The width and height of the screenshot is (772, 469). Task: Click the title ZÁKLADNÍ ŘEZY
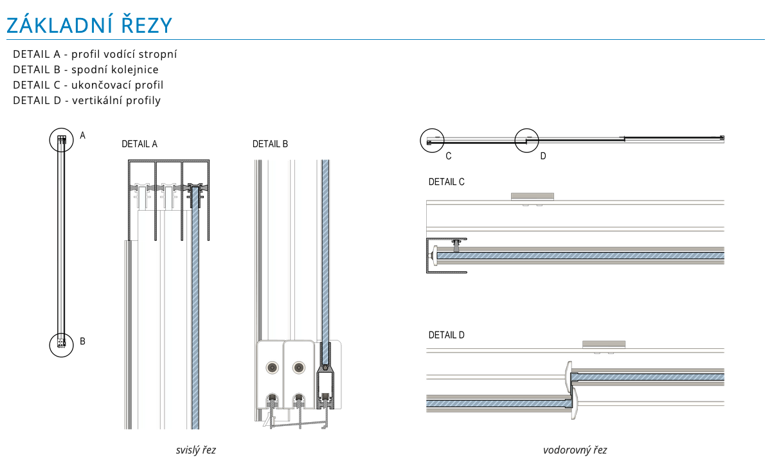[x=89, y=25]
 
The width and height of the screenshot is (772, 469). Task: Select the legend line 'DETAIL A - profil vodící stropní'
[x=94, y=54]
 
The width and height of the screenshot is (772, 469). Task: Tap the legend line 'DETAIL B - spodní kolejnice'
[x=85, y=69]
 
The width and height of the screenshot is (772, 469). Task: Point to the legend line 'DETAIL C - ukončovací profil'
[x=88, y=85]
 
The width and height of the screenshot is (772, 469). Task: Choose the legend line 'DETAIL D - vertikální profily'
[x=87, y=100]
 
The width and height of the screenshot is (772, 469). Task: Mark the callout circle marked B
[x=62, y=344]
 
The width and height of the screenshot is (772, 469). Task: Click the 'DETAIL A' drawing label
[x=139, y=144]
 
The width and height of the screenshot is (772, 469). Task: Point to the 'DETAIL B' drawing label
[x=270, y=144]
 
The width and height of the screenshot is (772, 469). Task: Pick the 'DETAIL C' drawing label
[x=446, y=182]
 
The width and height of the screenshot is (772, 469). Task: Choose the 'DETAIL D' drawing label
[x=446, y=335]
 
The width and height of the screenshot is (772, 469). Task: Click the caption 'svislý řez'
[x=196, y=450]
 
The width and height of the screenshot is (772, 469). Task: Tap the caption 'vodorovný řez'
[x=575, y=450]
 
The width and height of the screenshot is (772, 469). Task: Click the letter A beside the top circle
[x=82, y=136]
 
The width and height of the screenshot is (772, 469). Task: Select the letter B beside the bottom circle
[x=82, y=341]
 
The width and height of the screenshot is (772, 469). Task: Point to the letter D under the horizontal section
[x=543, y=155]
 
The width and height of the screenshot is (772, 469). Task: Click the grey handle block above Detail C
[x=532, y=196]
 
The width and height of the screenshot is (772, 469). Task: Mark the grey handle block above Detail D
[x=604, y=344]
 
